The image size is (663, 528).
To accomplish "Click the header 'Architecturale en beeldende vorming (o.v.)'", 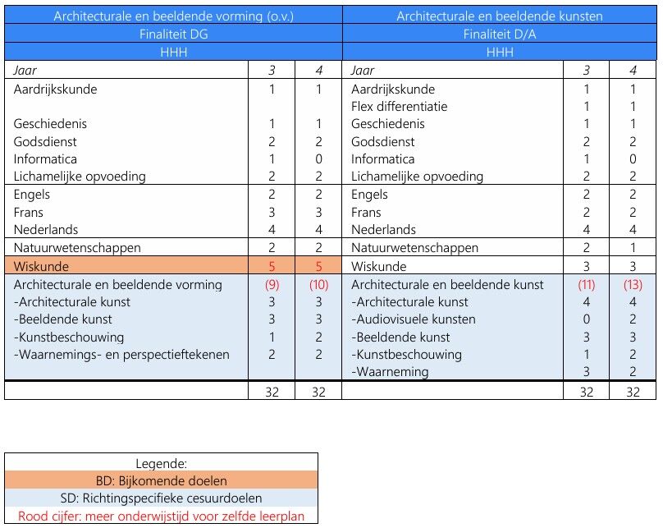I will pyautogui.click(x=173, y=16).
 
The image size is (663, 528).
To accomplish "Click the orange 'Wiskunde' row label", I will pyautogui.click(x=41, y=266).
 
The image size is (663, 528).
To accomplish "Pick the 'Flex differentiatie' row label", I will pyautogui.click(x=400, y=107).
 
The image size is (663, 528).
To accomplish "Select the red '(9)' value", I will pyautogui.click(x=272, y=285).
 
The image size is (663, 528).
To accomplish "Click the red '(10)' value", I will pyautogui.click(x=318, y=285).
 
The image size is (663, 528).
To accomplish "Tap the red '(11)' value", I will pyautogui.click(x=587, y=285).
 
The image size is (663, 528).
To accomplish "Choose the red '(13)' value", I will pyautogui.click(x=633, y=285).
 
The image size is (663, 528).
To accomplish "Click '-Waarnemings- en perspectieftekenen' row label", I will pyautogui.click(x=121, y=355).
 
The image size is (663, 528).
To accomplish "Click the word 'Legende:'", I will pyautogui.click(x=161, y=463).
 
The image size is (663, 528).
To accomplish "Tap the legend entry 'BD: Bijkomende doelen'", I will pyautogui.click(x=161, y=480).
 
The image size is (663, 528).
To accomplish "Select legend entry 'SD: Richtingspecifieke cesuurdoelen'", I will pyautogui.click(x=161, y=498).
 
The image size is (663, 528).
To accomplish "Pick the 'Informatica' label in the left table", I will pyautogui.click(x=45, y=159).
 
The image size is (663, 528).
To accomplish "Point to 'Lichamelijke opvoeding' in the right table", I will pyautogui.click(x=417, y=177).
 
